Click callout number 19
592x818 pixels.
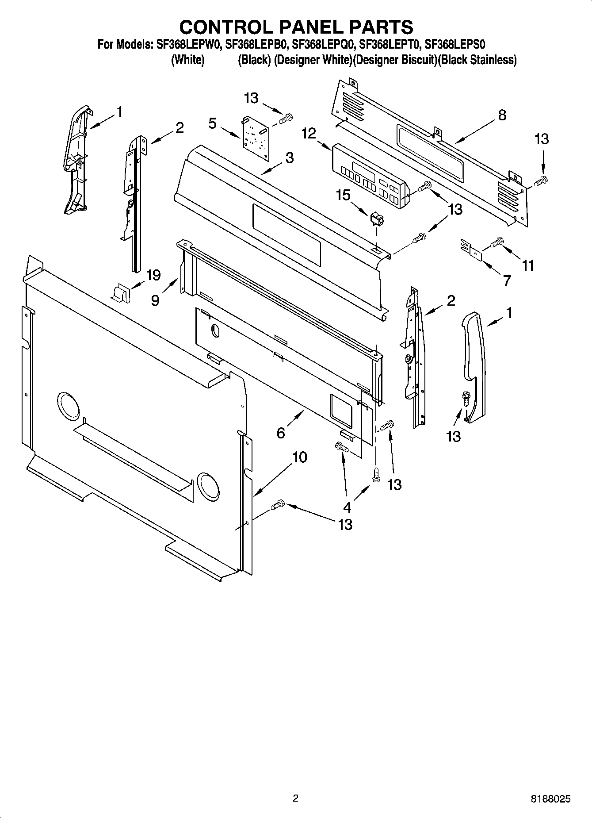tap(153, 275)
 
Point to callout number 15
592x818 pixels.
tap(343, 195)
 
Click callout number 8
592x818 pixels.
tap(502, 115)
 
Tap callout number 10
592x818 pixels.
tap(300, 457)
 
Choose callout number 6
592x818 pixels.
tap(281, 433)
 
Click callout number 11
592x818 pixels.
tap(527, 265)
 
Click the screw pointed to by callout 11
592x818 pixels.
tap(497, 241)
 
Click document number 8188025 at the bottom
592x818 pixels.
tap(550, 799)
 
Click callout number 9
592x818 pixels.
tap(155, 300)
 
